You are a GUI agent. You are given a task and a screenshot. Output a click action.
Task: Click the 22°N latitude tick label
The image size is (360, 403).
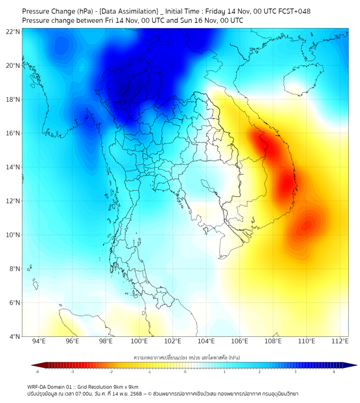[14, 32]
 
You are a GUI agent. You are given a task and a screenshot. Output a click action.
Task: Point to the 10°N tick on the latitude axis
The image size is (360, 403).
[14, 235]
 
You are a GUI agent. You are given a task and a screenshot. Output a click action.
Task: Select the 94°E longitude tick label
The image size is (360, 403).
[39, 341]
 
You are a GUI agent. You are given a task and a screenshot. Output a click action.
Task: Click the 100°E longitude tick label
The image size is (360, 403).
[139, 341]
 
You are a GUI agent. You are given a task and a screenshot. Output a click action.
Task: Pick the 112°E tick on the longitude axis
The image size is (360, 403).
[339, 341]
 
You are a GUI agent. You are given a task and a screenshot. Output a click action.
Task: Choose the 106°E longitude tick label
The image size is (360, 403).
[240, 341]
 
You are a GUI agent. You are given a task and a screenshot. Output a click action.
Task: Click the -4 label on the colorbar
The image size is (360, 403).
[37, 372]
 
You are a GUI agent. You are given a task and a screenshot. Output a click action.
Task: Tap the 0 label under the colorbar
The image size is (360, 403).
[185, 372]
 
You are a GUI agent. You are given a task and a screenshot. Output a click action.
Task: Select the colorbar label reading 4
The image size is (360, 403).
[334, 372]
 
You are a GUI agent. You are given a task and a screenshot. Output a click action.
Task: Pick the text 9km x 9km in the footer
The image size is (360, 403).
[126, 386]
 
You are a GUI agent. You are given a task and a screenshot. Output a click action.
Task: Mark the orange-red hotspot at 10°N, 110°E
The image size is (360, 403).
[306, 226]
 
